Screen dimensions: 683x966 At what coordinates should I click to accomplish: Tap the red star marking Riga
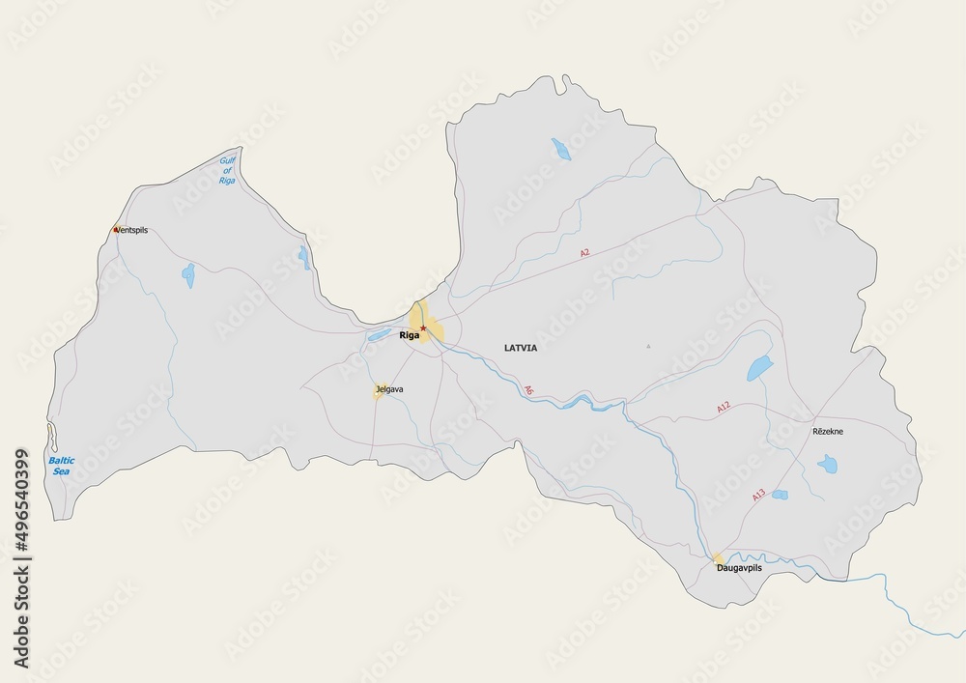tap(423, 328)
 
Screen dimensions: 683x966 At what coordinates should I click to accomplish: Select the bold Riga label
tap(410, 336)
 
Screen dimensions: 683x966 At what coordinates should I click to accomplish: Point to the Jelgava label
tap(389, 389)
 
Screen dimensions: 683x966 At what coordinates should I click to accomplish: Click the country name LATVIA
tap(520, 347)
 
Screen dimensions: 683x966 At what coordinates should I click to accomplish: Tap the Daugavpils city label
tap(739, 568)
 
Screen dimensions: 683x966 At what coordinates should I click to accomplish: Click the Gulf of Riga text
tap(227, 170)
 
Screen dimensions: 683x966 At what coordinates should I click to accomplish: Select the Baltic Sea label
tap(61, 467)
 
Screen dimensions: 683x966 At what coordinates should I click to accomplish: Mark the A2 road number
tap(584, 252)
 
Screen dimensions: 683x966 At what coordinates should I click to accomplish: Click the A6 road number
tap(528, 391)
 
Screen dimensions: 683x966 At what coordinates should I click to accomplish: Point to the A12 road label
tap(724, 410)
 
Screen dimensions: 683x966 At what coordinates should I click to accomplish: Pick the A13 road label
tap(758, 495)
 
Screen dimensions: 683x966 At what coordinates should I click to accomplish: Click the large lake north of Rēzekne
tap(759, 368)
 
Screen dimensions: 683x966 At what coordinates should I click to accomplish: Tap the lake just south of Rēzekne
tap(827, 465)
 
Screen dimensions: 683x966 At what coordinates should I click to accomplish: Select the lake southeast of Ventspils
tap(188, 276)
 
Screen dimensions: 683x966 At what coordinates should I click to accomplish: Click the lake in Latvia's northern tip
tap(560, 149)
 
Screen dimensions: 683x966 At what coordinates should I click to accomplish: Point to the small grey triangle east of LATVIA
tap(649, 346)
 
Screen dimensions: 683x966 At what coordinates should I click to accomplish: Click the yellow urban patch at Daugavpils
tap(719, 557)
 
